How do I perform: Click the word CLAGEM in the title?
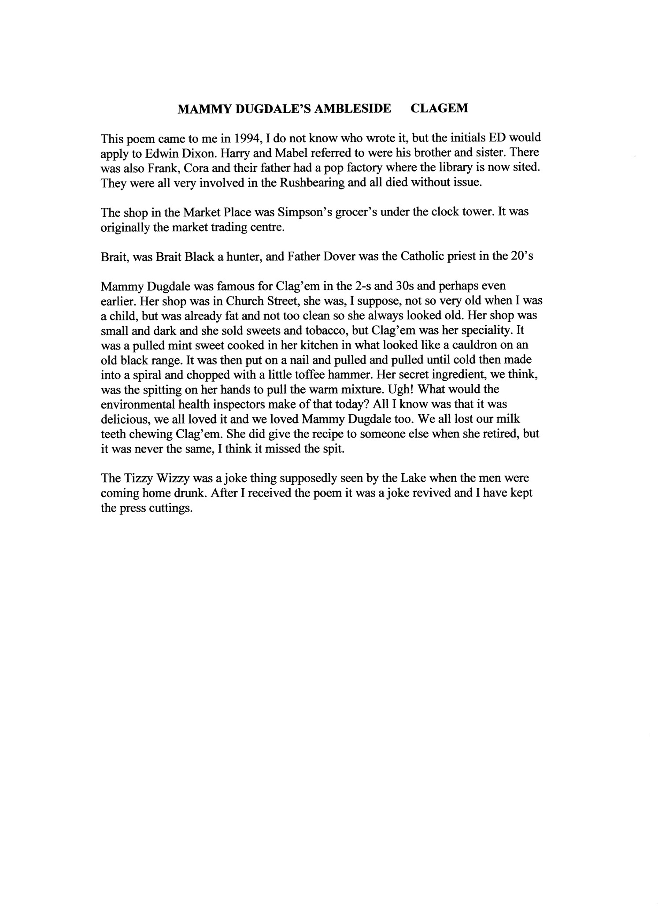point(439,108)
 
